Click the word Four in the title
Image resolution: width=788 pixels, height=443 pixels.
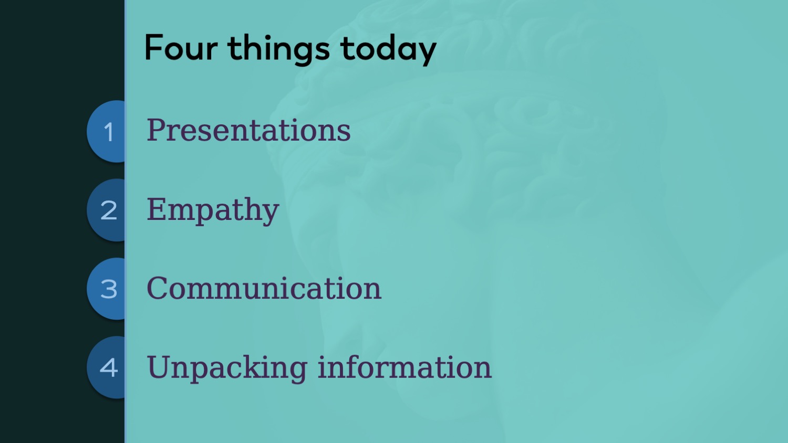pyautogui.click(x=181, y=47)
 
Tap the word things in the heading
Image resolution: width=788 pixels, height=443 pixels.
pyautogui.click(x=278, y=49)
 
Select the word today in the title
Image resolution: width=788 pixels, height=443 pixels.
pyautogui.click(x=388, y=49)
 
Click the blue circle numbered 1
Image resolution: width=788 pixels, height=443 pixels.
pyautogui.click(x=106, y=132)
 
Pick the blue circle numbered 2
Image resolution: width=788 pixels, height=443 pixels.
pyautogui.click(x=106, y=210)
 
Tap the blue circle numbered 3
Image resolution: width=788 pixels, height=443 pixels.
pyautogui.click(x=106, y=289)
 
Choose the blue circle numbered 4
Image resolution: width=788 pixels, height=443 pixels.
pyautogui.click(x=106, y=367)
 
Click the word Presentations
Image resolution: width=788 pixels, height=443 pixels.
pyautogui.click(x=248, y=130)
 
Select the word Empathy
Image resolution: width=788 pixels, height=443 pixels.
pyautogui.click(x=213, y=210)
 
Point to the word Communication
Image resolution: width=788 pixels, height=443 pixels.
pyautogui.click(x=264, y=288)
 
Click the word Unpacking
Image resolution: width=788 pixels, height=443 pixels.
pyautogui.click(x=227, y=368)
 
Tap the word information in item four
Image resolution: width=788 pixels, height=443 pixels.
pyautogui.click(x=405, y=367)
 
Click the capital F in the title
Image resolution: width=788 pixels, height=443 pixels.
pyautogui.click(x=153, y=47)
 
